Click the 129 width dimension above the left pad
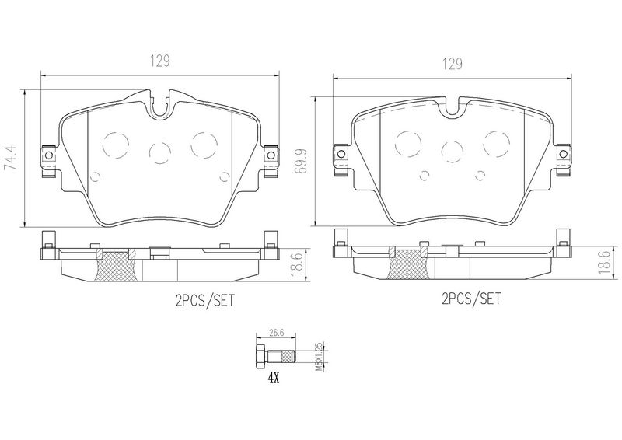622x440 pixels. tap(160, 61)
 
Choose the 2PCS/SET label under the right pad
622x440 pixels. tap(471, 299)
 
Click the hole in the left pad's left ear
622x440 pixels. tap(48, 157)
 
